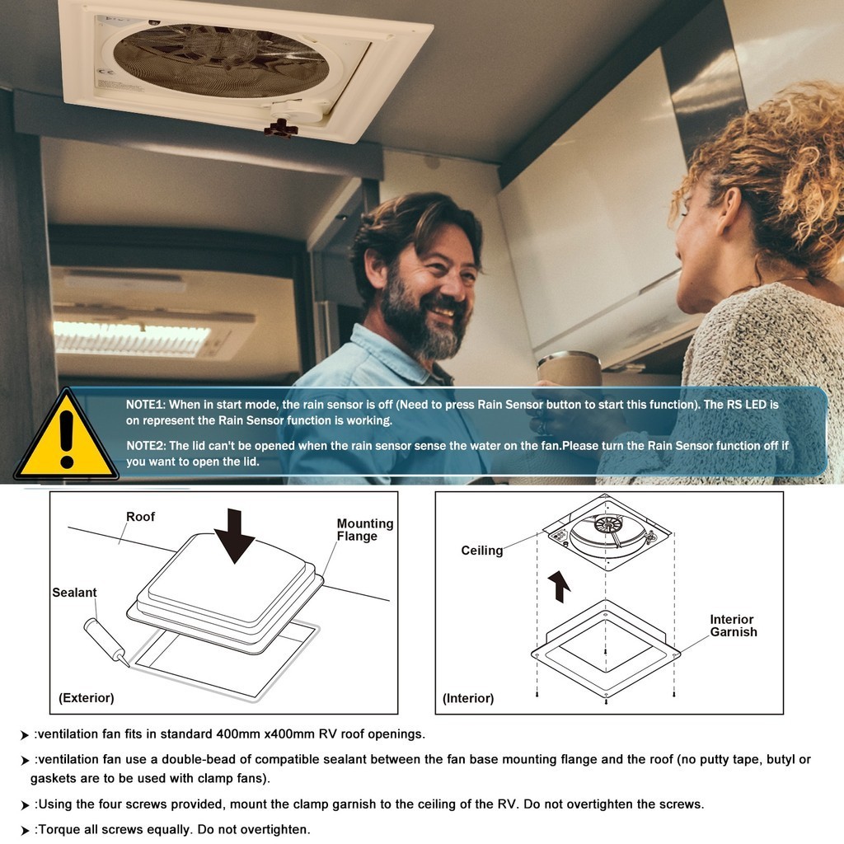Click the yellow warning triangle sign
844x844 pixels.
pyautogui.click(x=66, y=438)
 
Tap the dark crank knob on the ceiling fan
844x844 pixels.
pyautogui.click(x=280, y=129)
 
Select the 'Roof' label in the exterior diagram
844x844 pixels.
pyautogui.click(x=140, y=517)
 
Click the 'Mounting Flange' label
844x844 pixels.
pyautogui.click(x=365, y=530)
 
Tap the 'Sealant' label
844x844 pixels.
pyautogui.click(x=74, y=593)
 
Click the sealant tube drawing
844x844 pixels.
pyautogui.click(x=106, y=643)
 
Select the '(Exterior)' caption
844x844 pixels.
pyautogui.click(x=86, y=698)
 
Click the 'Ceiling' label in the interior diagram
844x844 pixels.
pyautogui.click(x=481, y=551)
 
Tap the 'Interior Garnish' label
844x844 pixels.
pyautogui.click(x=733, y=626)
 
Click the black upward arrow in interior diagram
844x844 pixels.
pyautogui.click(x=560, y=587)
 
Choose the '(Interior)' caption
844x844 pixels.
pyautogui.click(x=468, y=698)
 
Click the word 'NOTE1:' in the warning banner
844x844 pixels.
pyautogui.click(x=146, y=405)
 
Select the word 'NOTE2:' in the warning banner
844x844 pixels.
pyautogui.click(x=146, y=446)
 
